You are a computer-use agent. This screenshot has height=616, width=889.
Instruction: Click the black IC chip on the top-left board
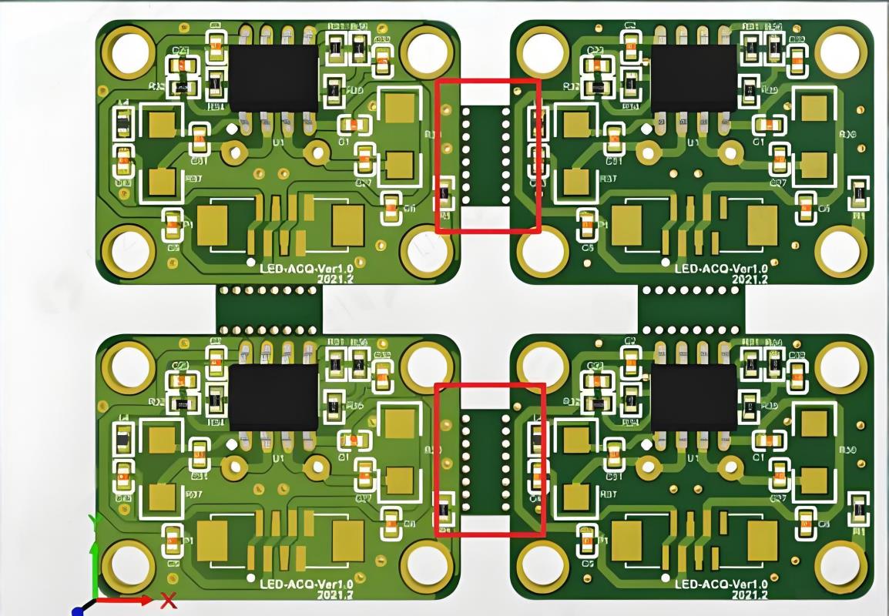pyautogui.click(x=274, y=78)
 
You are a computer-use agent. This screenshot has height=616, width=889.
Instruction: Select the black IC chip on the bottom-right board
pyautogui.click(x=693, y=397)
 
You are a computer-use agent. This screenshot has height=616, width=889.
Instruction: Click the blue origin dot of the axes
pyautogui.click(x=77, y=611)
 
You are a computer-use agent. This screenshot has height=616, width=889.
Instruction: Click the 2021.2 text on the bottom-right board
pyautogui.click(x=750, y=595)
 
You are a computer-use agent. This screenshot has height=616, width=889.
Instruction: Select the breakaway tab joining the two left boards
pyautogui.click(x=269, y=310)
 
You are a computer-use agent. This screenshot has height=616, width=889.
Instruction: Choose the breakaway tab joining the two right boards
pyautogui.click(x=690, y=310)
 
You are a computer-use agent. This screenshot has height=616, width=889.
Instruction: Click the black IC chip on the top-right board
pyautogui.click(x=693, y=78)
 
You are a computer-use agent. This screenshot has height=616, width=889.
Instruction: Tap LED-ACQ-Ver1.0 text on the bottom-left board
pyautogui.click(x=304, y=584)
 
